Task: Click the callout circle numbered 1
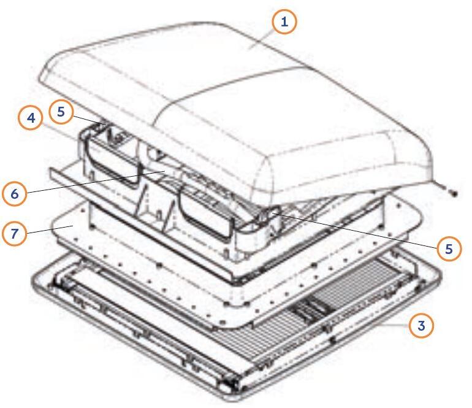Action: pos(284,21)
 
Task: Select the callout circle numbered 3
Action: pos(421,325)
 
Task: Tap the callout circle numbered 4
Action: pos(31,118)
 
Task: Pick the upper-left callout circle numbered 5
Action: pos(61,112)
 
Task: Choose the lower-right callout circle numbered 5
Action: pos(449,249)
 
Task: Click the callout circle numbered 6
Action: pos(15,194)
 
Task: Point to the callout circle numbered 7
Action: pos(15,233)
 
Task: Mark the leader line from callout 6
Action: pos(96,182)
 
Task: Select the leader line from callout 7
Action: pos(50,229)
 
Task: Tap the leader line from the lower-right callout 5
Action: pos(354,230)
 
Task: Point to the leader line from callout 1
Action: pos(261,39)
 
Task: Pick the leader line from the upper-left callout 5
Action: pos(88,120)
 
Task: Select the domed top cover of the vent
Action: pos(235,112)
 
